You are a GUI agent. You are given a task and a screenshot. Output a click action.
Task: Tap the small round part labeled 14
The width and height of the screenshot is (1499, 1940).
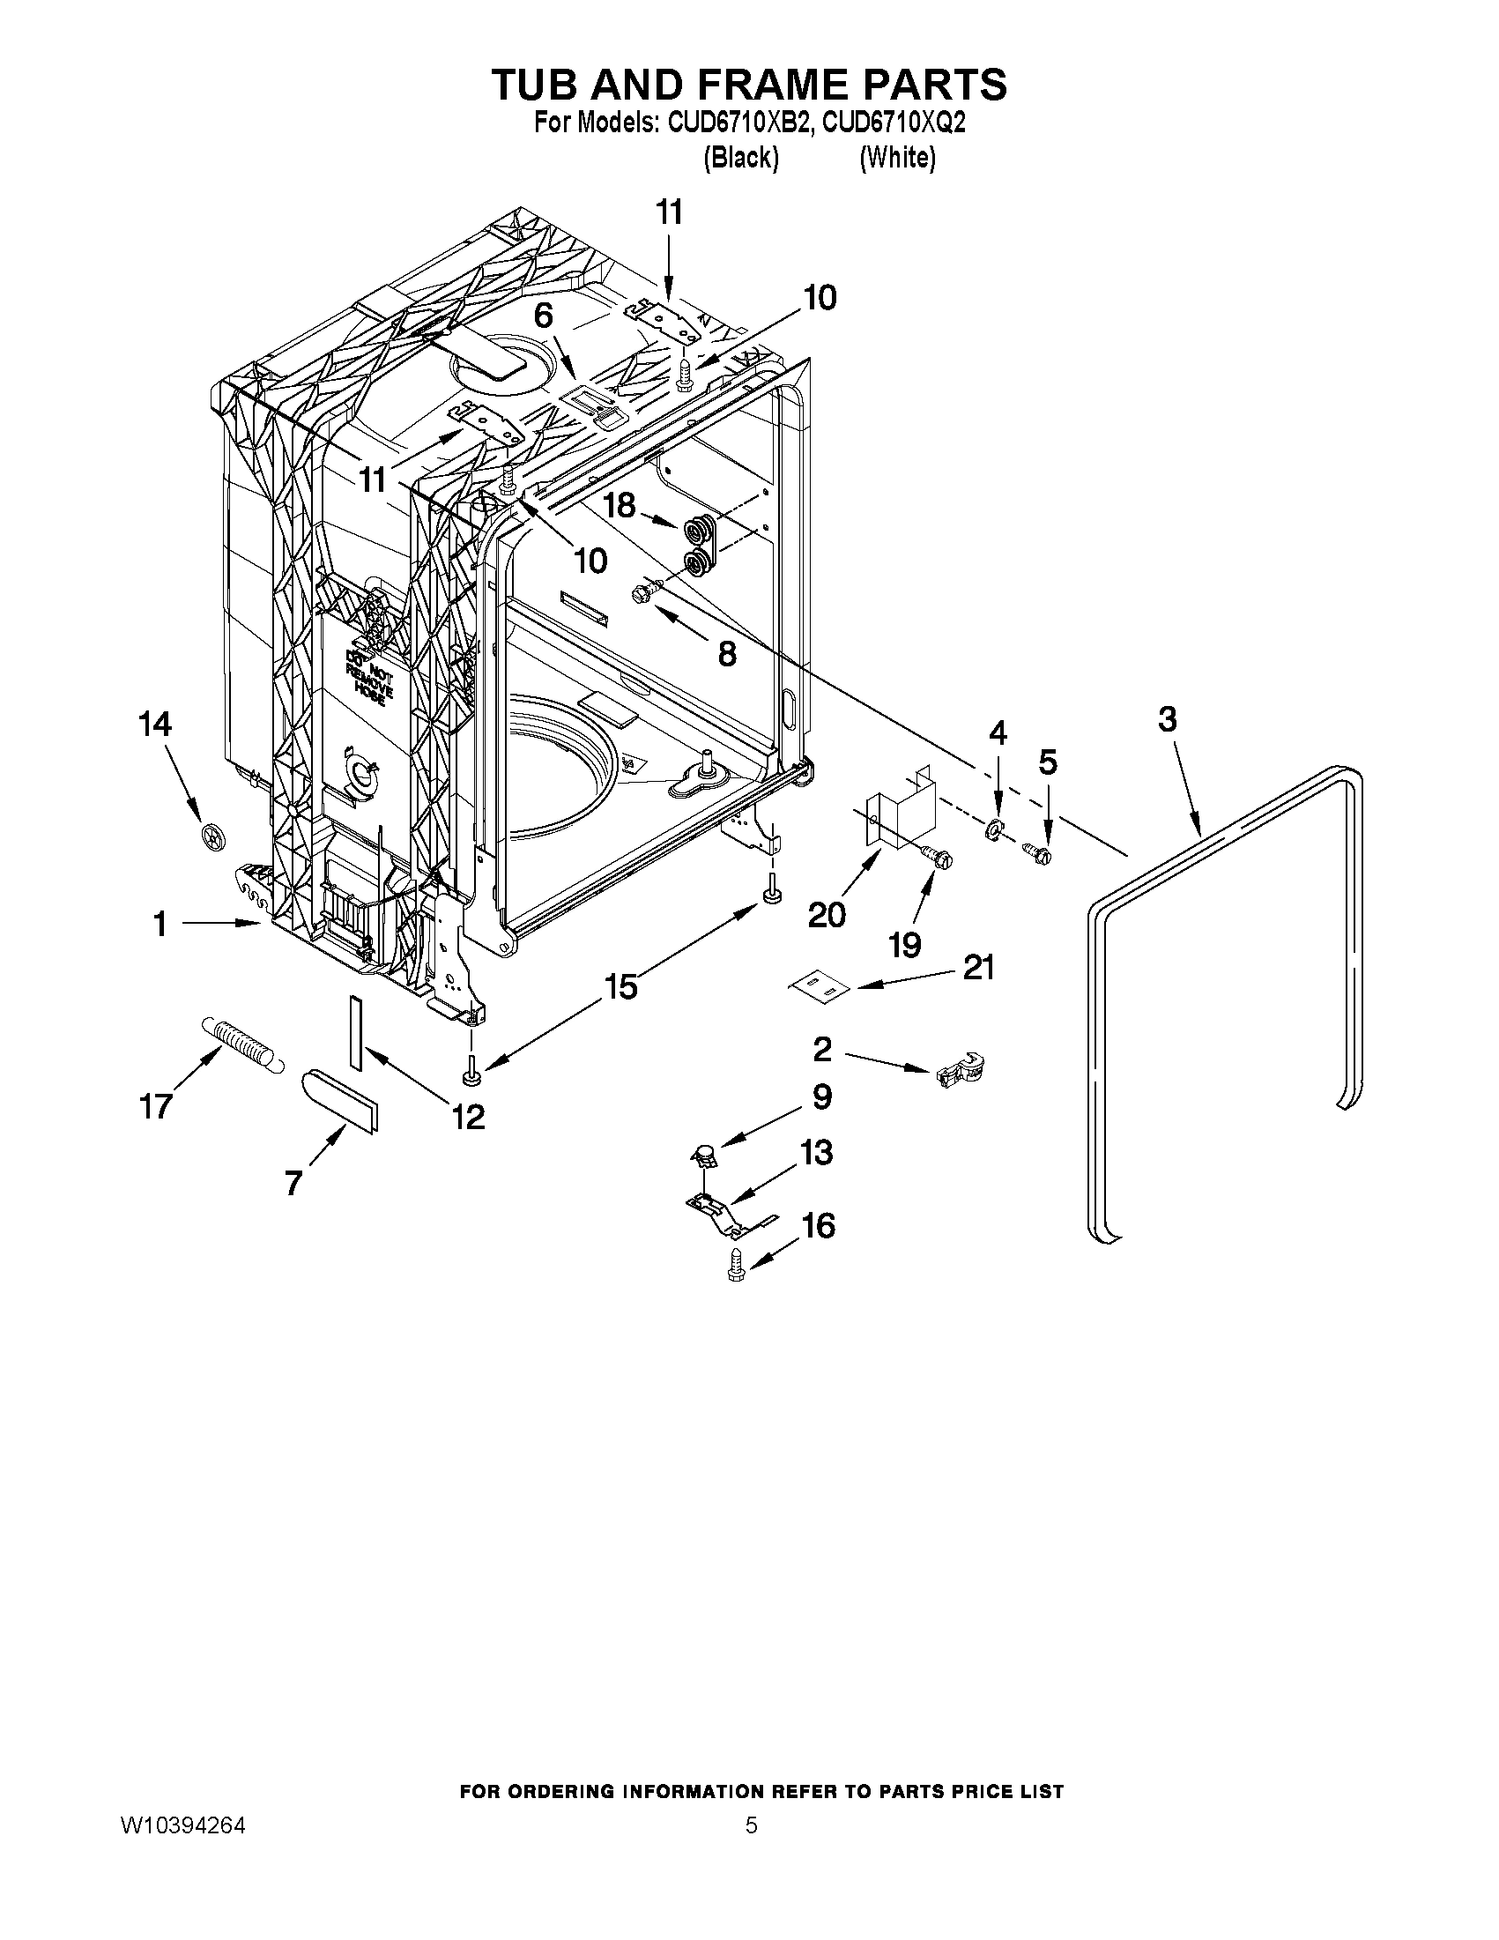click(212, 836)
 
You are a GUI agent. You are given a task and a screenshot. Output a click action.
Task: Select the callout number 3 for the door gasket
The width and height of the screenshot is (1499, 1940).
click(1167, 719)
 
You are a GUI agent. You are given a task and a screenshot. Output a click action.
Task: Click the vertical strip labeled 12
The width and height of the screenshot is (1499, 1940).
click(357, 1032)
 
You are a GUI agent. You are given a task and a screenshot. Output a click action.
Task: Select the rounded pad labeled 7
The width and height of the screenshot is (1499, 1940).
click(340, 1100)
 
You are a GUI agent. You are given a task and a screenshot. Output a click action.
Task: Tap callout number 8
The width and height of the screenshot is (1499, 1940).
click(726, 655)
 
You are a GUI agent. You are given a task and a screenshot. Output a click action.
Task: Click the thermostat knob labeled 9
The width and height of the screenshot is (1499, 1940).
click(704, 1155)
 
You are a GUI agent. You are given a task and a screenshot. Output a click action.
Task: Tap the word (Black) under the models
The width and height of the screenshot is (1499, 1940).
click(740, 158)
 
